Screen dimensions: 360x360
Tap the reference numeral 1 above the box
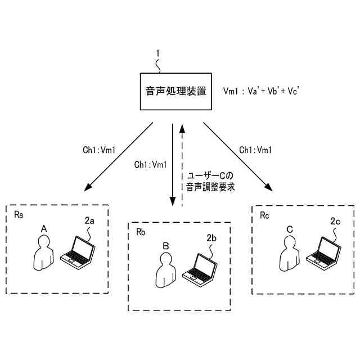(x=157, y=53)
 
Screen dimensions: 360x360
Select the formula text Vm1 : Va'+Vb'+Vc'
(x=261, y=91)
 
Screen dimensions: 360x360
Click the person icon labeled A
(x=44, y=253)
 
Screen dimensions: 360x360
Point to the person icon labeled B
(x=166, y=270)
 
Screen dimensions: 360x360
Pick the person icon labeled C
(x=290, y=254)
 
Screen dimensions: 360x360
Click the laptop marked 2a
(x=78, y=253)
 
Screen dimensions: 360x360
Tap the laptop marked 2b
(x=200, y=270)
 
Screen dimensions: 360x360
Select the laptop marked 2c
(x=323, y=254)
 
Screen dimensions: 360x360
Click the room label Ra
(x=19, y=215)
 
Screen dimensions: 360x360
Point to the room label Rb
(x=141, y=232)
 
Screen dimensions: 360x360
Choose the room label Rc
(x=264, y=215)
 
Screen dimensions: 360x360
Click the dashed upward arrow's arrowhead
(x=182, y=129)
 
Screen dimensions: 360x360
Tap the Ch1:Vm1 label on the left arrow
(x=99, y=150)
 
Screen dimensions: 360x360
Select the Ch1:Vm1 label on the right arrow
(x=255, y=150)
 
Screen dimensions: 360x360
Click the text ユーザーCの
(x=210, y=176)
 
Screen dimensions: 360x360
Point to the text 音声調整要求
(x=210, y=187)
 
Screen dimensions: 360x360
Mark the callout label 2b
(x=211, y=238)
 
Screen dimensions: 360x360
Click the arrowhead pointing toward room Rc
(x=269, y=187)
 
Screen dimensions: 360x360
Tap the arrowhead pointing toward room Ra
(x=88, y=187)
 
